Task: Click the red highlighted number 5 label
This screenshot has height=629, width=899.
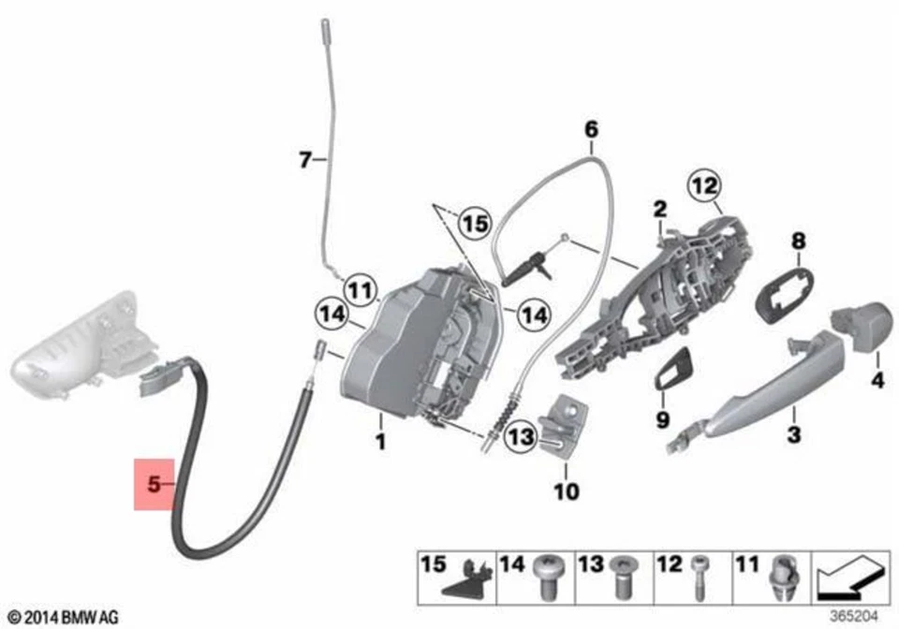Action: pyautogui.click(x=155, y=484)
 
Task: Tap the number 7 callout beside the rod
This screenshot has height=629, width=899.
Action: pyautogui.click(x=303, y=162)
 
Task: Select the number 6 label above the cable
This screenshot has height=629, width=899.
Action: pyautogui.click(x=591, y=128)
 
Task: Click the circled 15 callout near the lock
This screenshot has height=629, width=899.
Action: pyautogui.click(x=476, y=224)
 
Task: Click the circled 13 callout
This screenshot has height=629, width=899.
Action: pyautogui.click(x=521, y=436)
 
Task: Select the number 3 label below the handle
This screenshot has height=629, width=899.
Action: pyautogui.click(x=793, y=434)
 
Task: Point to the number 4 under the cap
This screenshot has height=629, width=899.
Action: pyautogui.click(x=877, y=382)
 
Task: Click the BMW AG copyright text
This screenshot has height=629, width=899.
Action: pyautogui.click(x=63, y=616)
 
